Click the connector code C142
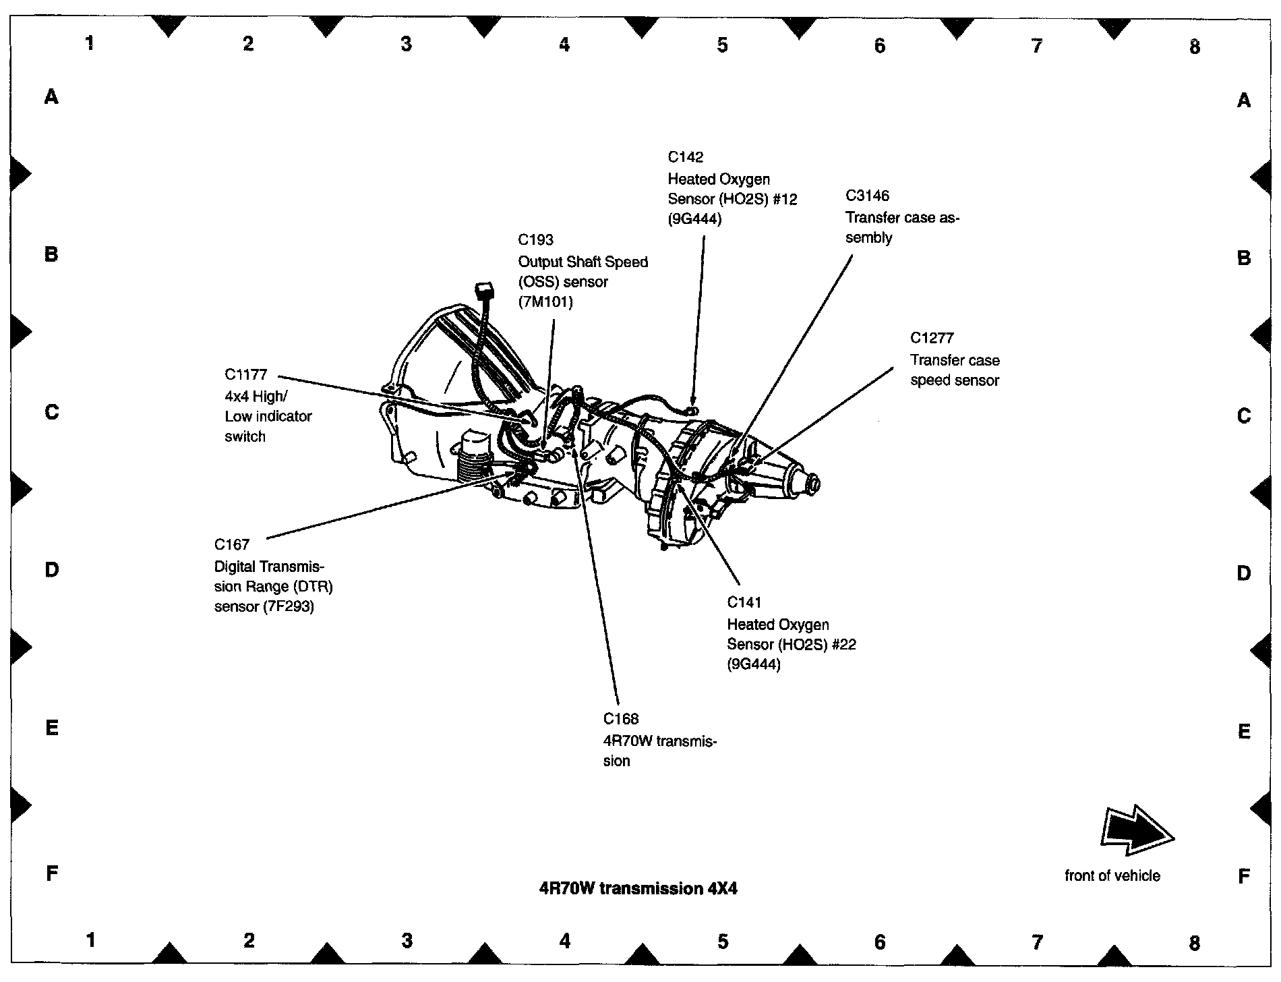[x=686, y=157]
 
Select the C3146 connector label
[x=868, y=196]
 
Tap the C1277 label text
[x=932, y=338]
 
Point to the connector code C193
[x=535, y=240]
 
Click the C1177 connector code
[x=246, y=374]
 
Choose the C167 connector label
[x=232, y=544]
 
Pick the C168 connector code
[x=621, y=719]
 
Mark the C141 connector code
[x=744, y=602]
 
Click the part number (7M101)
[x=545, y=302]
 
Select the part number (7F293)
[x=290, y=606]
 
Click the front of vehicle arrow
[x=1137, y=834]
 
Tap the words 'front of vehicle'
[x=1112, y=876]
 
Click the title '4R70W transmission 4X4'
[x=638, y=889]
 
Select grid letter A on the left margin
[x=51, y=98]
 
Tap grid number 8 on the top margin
[x=1195, y=47]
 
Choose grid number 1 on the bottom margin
[x=91, y=940]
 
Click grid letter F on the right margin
[x=1244, y=876]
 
